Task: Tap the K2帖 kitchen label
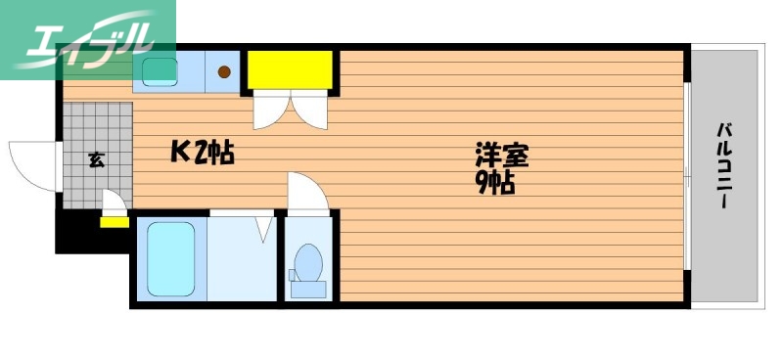pyautogui.click(x=202, y=152)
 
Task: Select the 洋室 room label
pyautogui.click(x=502, y=154)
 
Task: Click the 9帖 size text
pyautogui.click(x=496, y=182)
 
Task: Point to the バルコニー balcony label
pyautogui.click(x=725, y=165)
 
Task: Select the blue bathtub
pyautogui.click(x=170, y=258)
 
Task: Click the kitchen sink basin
pyautogui.click(x=159, y=70)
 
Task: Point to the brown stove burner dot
pyautogui.click(x=224, y=70)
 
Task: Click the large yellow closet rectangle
pyautogui.click(x=289, y=69)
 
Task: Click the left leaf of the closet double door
pyautogui.click(x=268, y=112)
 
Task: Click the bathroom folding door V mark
pyautogui.click(x=262, y=230)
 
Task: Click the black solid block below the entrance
pyautogui.click(x=88, y=235)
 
